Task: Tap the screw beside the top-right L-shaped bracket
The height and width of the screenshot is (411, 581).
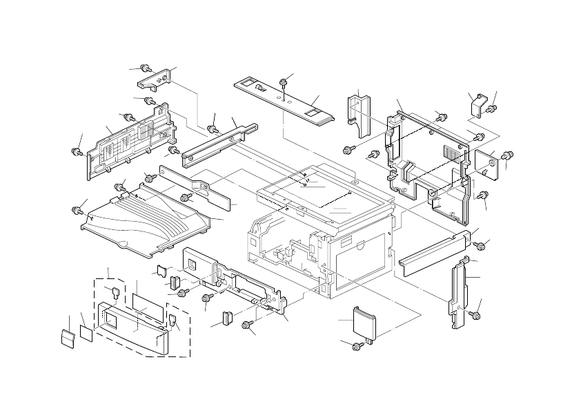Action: coord(492,108)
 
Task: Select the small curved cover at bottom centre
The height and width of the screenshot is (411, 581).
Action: coord(364,323)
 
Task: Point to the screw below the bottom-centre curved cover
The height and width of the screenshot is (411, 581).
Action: coord(358,345)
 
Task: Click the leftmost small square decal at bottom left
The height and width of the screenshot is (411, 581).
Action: coord(68,338)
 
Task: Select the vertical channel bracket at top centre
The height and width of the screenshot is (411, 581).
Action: coord(359,111)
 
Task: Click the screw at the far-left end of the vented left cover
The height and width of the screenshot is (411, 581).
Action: coord(77,151)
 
